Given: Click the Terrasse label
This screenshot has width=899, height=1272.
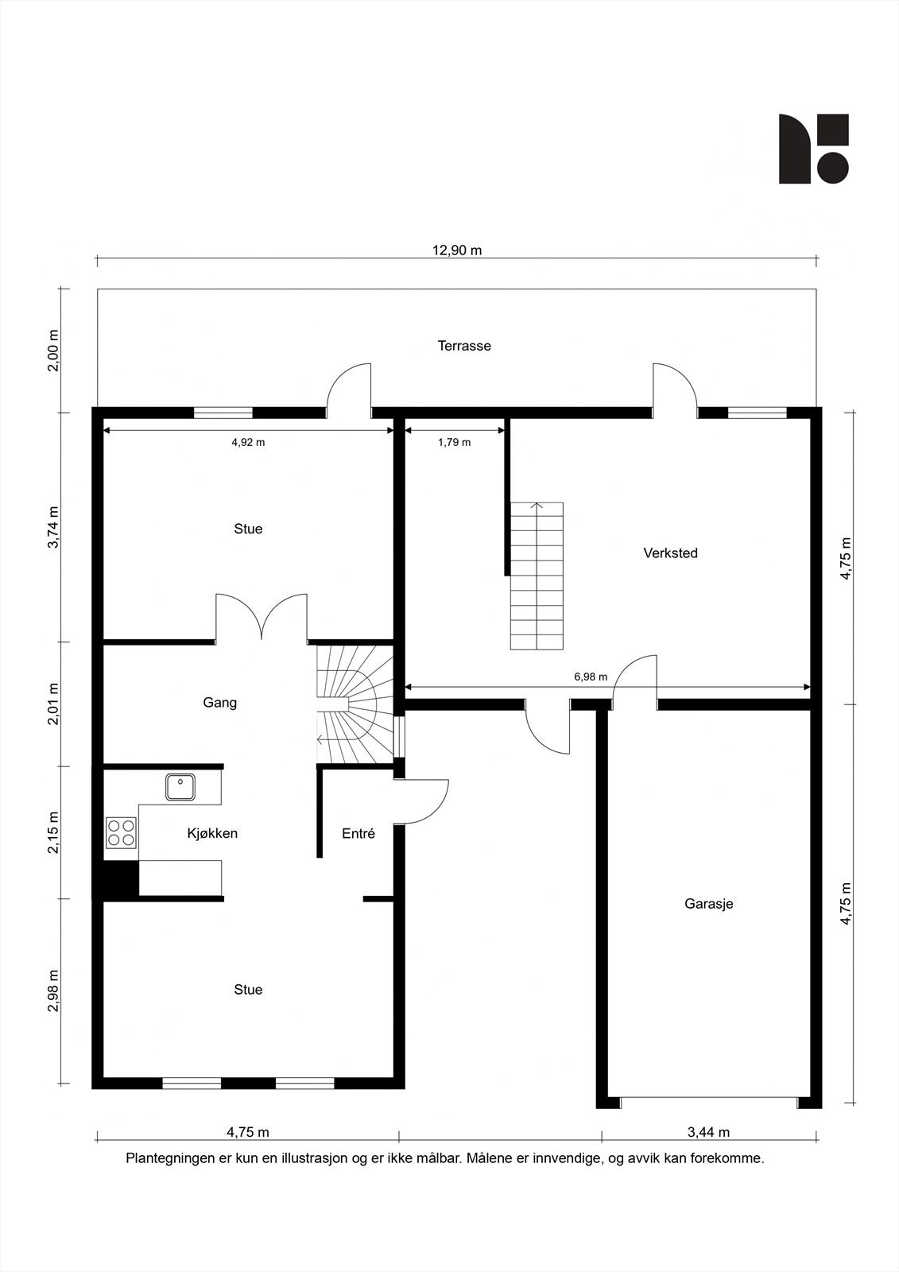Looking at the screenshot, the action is (x=464, y=346).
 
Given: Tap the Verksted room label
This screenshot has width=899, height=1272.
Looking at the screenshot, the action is (x=670, y=553).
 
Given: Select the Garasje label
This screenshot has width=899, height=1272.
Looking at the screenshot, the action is (x=709, y=903).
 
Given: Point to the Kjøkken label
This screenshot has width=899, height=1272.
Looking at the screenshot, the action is (x=212, y=833).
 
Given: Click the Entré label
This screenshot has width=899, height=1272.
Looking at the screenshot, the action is (x=358, y=833).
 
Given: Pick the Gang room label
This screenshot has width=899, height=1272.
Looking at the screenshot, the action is (x=219, y=703).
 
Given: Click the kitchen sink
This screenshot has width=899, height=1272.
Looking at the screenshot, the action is (x=180, y=787).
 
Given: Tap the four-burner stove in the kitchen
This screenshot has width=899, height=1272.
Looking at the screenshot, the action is (x=121, y=832).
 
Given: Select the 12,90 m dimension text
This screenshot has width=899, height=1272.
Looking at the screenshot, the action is (x=457, y=250).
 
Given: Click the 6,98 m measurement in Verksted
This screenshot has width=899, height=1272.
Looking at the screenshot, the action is (x=591, y=677).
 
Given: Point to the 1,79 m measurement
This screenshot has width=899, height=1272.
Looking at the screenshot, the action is (x=455, y=442).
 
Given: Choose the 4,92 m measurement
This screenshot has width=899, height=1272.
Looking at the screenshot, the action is (x=248, y=442).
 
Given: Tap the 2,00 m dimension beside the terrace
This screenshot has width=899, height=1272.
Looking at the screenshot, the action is (x=52, y=351).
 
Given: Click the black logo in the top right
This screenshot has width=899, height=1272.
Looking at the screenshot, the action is (x=814, y=149).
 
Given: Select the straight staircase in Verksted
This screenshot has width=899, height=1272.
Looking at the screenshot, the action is (x=537, y=576).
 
